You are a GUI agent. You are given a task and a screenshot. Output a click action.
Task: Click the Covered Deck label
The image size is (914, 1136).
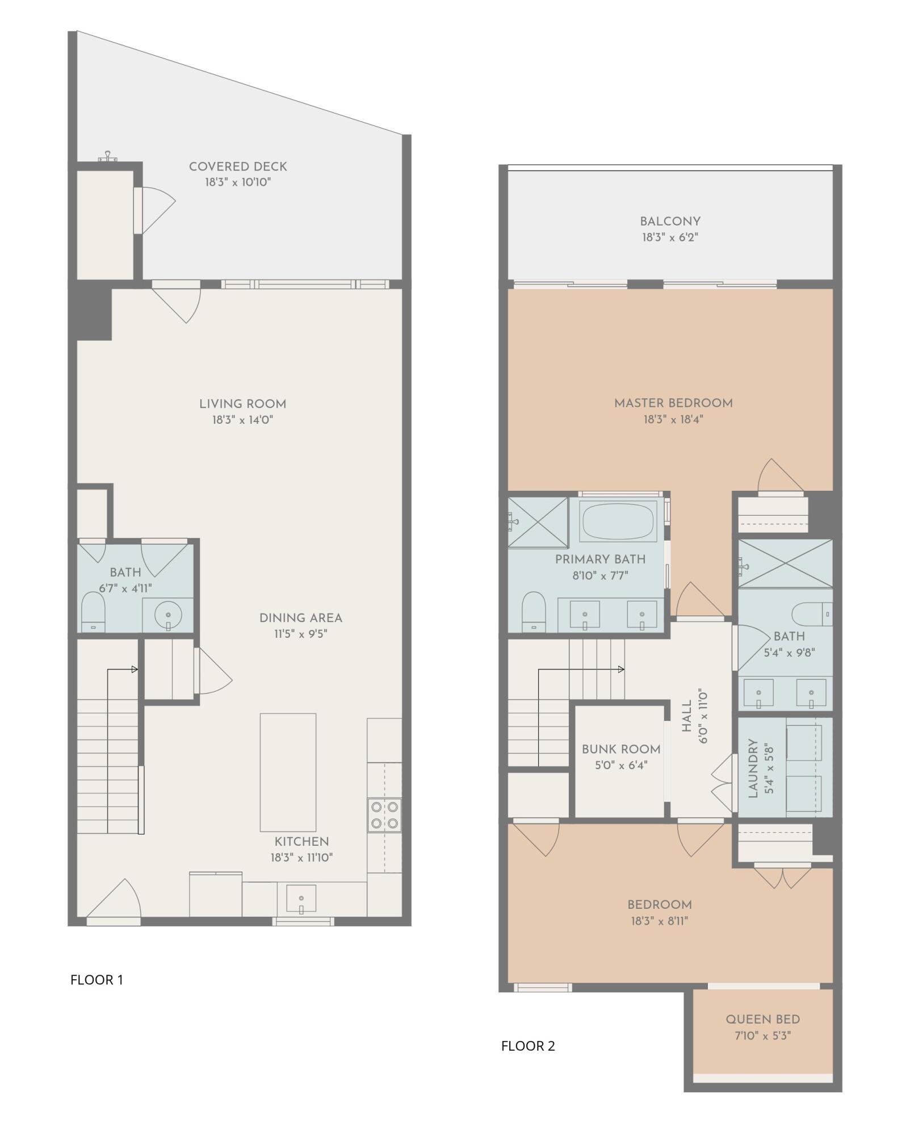click(238, 166)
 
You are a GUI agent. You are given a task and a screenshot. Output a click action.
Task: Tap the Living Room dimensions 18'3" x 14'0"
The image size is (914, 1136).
click(242, 420)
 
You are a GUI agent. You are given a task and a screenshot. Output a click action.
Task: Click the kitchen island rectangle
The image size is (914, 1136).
click(288, 772)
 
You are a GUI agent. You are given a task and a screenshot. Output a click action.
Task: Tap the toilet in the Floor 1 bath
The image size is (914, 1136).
click(93, 612)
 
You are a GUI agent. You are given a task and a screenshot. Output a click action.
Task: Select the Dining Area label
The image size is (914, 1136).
click(300, 618)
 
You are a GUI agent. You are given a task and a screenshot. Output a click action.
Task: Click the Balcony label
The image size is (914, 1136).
click(670, 222)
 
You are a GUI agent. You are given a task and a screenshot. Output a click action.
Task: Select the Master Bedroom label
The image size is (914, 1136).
click(673, 403)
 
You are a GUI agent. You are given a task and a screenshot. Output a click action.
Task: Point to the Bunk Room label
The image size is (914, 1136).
click(621, 749)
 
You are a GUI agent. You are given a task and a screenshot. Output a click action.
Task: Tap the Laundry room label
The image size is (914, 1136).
click(753, 768)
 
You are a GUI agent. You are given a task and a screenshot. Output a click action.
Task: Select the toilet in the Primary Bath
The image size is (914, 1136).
click(533, 611)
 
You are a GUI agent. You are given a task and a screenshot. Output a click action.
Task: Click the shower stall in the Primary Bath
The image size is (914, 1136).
click(538, 522)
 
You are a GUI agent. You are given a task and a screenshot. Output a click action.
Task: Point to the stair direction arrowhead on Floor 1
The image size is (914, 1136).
click(135, 669)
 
